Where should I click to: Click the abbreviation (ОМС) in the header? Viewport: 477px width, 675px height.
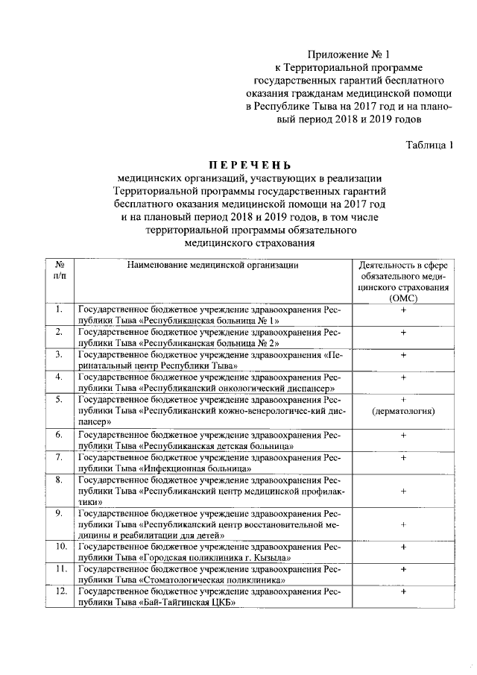coord(402,297)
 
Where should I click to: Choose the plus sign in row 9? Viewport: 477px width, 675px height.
coord(402,524)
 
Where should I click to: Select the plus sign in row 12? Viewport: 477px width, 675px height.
coord(402,592)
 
